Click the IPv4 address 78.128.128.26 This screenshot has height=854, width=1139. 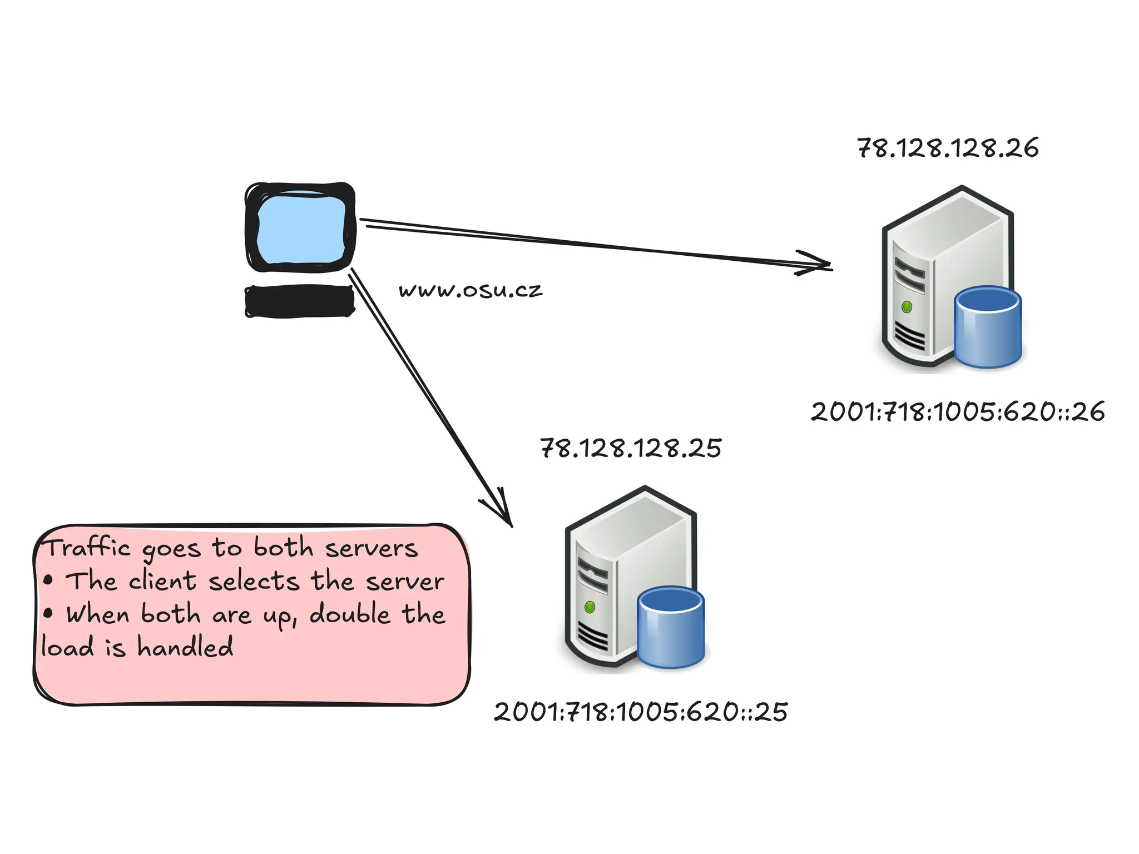948,148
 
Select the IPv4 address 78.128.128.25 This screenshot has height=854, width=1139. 631,448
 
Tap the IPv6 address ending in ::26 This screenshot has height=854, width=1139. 958,412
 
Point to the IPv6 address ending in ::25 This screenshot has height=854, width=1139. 641,712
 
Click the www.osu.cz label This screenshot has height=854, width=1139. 471,290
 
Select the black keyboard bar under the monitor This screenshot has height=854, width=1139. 300,301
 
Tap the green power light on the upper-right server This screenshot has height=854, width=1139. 907,307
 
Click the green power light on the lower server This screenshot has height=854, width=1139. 590,607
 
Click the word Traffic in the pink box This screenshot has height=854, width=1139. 88,548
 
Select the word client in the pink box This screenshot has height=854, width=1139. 162,581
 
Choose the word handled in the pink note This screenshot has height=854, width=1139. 185,648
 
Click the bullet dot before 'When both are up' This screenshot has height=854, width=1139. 48,614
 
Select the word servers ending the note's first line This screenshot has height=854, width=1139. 371,549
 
